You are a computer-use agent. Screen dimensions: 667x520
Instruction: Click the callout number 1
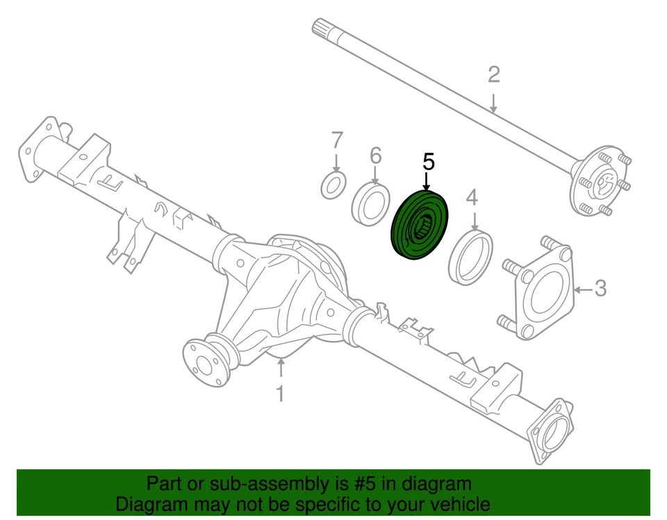point(279,394)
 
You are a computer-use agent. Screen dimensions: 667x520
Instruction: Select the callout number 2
point(493,74)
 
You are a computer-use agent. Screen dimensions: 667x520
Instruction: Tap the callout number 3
point(600,287)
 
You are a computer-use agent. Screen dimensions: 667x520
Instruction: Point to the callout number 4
point(472,199)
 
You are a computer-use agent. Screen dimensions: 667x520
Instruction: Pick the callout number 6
point(375,156)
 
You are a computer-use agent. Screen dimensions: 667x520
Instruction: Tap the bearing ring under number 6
point(371,204)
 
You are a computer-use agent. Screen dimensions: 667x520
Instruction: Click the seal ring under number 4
point(472,258)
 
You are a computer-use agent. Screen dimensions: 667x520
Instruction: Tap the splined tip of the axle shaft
point(320,28)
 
